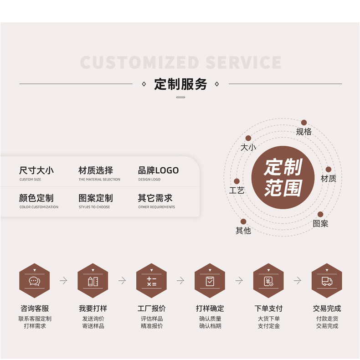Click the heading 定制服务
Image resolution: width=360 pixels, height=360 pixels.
[180, 84]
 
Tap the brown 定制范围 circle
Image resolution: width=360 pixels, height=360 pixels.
[283, 177]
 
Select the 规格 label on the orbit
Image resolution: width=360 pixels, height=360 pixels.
[303, 132]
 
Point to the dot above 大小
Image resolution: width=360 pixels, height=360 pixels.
[248, 138]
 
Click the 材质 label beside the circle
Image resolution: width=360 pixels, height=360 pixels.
[328, 179]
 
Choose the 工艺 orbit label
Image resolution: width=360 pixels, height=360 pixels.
[237, 190]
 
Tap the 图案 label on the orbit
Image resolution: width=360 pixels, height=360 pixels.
[320, 224]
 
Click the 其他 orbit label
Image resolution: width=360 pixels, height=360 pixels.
[243, 231]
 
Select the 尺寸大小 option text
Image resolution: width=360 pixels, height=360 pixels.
[36, 170]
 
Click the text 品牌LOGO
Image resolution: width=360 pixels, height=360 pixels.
[158, 170]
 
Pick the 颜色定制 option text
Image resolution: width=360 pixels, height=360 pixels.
[36, 198]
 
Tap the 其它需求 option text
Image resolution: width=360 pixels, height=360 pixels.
[155, 198]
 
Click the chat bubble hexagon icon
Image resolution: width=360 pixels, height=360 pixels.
[34, 281]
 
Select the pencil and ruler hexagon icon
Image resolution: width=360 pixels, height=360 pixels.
[93, 281]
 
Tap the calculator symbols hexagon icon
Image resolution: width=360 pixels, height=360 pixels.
[151, 281]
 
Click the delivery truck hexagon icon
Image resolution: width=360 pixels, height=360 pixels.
[327, 281]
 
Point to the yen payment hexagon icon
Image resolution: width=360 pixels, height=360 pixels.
[268, 281]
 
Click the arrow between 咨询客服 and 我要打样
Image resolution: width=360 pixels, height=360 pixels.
[63, 281]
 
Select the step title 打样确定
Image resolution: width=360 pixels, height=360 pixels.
[210, 309]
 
